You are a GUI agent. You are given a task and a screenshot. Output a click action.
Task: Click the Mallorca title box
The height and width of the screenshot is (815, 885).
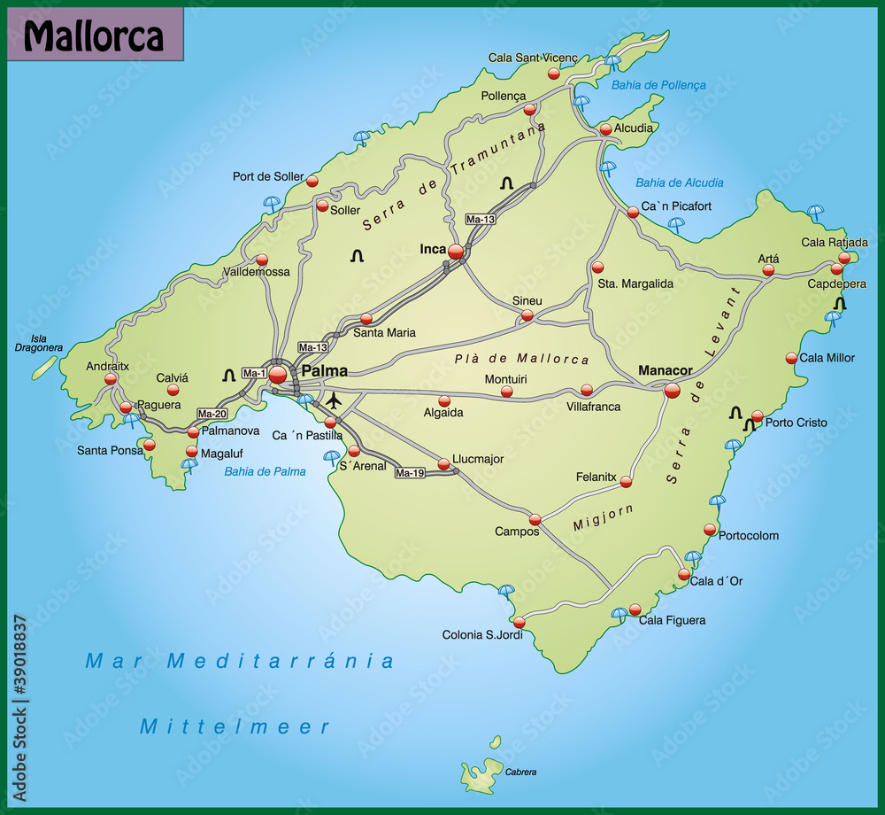pyautogui.click(x=95, y=35)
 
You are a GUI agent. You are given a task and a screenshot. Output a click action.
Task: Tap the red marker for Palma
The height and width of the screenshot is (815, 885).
pyautogui.click(x=278, y=374)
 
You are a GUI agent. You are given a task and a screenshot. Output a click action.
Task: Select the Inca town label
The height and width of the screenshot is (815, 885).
pyautogui.click(x=433, y=249)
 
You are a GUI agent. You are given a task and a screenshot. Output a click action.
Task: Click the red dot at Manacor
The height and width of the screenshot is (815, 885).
pyautogui.click(x=672, y=389)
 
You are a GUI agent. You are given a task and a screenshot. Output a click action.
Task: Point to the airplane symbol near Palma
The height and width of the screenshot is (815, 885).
pyautogui.click(x=334, y=401)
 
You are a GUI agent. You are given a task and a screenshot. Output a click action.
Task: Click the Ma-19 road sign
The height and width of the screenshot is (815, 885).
pyautogui.click(x=410, y=473)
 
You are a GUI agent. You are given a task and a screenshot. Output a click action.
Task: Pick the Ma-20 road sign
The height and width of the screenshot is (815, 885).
pyautogui.click(x=212, y=414)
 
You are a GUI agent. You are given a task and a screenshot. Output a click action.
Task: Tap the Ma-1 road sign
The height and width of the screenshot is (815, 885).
pyautogui.click(x=254, y=373)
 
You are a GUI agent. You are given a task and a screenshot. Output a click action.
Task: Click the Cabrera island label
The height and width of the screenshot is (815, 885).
pyautogui.click(x=520, y=772)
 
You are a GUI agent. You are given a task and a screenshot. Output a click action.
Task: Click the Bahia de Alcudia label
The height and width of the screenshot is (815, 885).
pyautogui.click(x=679, y=183)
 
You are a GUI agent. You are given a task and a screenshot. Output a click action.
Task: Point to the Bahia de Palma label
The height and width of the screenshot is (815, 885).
pyautogui.click(x=265, y=471)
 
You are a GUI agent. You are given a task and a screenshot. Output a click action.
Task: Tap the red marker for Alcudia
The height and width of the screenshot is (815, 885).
pyautogui.click(x=605, y=129)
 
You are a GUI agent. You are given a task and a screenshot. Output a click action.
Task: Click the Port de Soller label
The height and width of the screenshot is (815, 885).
pyautogui.click(x=267, y=176)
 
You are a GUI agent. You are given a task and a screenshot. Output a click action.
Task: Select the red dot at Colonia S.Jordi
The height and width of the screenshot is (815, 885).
pyautogui.click(x=519, y=621)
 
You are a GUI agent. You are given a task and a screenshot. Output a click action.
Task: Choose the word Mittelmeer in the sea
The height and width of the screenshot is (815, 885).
pyautogui.click(x=235, y=727)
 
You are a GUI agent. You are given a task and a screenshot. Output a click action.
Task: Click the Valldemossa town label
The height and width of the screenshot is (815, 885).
pyautogui.click(x=257, y=272)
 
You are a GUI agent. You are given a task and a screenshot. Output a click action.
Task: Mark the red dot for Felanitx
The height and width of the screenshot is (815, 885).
pyautogui.click(x=627, y=482)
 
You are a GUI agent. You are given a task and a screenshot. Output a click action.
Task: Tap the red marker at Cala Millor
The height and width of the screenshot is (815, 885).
pyautogui.click(x=791, y=358)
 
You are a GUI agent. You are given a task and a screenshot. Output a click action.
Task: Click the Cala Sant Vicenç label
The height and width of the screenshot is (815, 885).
pyautogui.click(x=533, y=58)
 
